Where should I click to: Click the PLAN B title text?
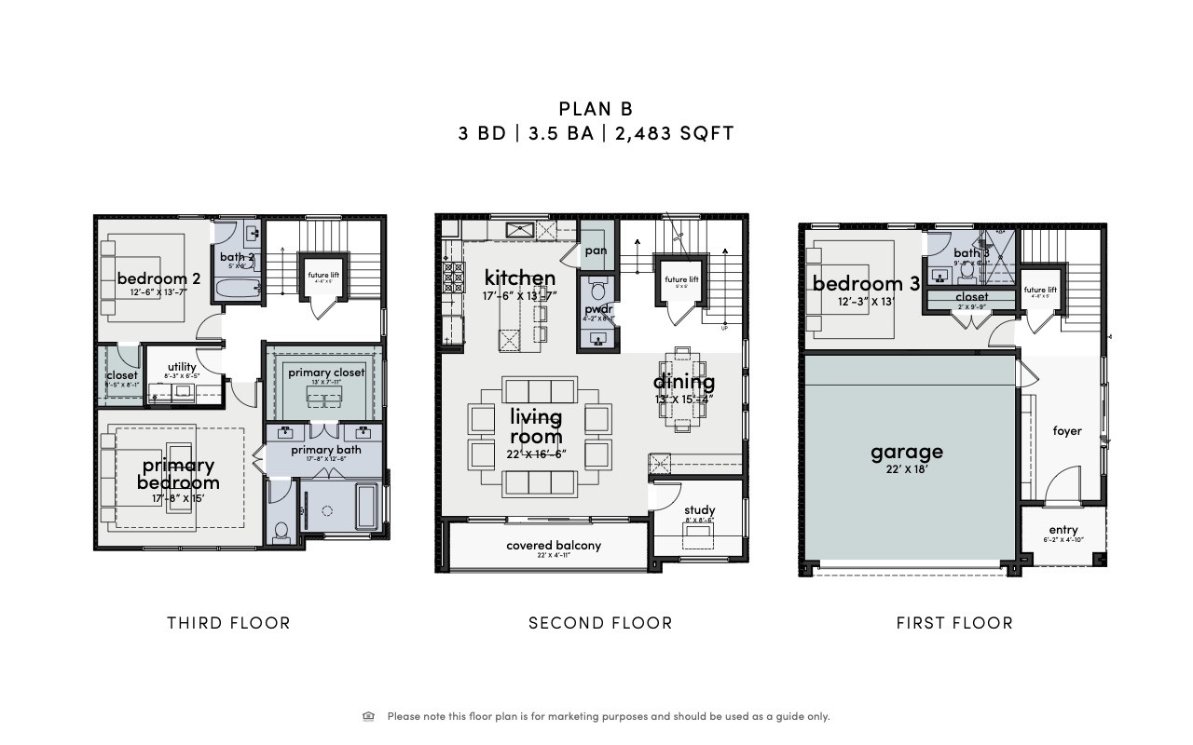[x=596, y=110]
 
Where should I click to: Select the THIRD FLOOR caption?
[x=228, y=623]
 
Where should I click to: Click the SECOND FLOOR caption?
[x=600, y=623]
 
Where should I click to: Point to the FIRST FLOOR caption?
[x=954, y=623]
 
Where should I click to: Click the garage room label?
[x=907, y=453]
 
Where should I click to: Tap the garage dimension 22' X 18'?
[x=907, y=471]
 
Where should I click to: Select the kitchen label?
[x=520, y=278]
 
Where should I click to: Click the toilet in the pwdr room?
[x=597, y=287]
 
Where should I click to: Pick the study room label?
[x=699, y=510]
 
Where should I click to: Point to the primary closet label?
[x=326, y=372]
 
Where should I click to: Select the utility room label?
[x=182, y=367]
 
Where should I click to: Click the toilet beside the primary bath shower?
[x=281, y=530]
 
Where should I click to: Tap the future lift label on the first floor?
[x=1040, y=291]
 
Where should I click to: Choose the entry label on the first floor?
[x=1063, y=530]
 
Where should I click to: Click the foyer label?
[x=1067, y=431]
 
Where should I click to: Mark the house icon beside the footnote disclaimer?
[x=369, y=716]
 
